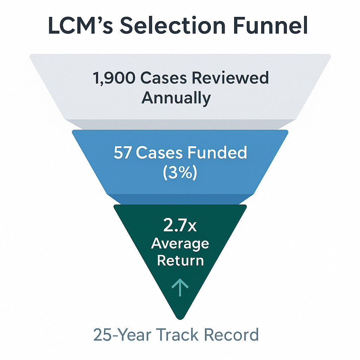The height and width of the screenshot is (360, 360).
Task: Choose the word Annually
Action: (x=176, y=98)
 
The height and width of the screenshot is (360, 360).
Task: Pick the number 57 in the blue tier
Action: (x=122, y=153)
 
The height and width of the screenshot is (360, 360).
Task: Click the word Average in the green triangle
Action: (x=180, y=244)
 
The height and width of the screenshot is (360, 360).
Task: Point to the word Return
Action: (x=180, y=261)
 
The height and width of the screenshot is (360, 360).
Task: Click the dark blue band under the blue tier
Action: (x=180, y=199)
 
